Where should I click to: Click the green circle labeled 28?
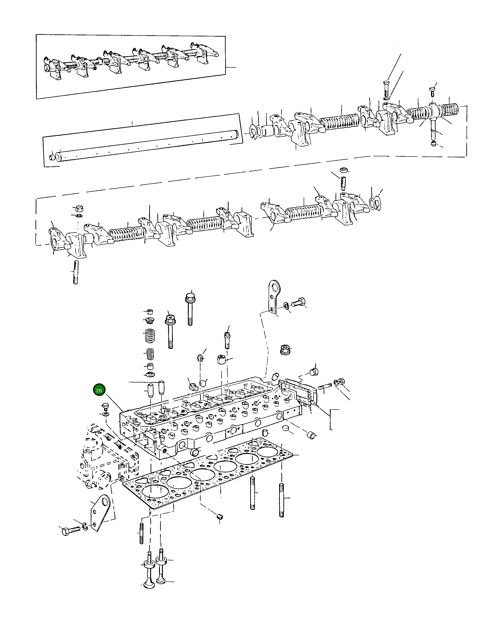tap(99, 390)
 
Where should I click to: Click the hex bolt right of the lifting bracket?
tap(298, 303)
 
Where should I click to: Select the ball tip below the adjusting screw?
tap(433, 143)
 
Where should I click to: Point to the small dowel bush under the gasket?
tap(219, 517)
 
